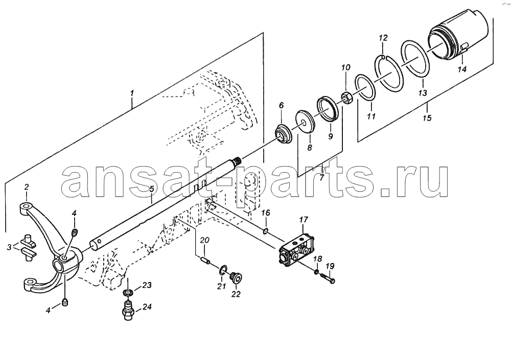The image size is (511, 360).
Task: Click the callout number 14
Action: pos(462,69)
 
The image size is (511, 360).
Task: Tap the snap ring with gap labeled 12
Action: pos(390,72)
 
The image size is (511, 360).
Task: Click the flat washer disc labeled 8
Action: pos(306,122)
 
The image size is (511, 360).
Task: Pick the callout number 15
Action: pos(427,117)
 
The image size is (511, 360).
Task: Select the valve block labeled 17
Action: pos(296,250)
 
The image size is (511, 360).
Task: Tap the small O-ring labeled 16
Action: pos(266,231)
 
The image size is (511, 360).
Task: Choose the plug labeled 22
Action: pos(236,278)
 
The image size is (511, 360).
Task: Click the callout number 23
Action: pos(147,285)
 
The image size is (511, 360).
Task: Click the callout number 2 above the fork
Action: pos(27,187)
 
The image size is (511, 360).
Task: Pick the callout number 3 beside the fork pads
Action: pos(10,247)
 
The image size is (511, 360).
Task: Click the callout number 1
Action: pos(132,93)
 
